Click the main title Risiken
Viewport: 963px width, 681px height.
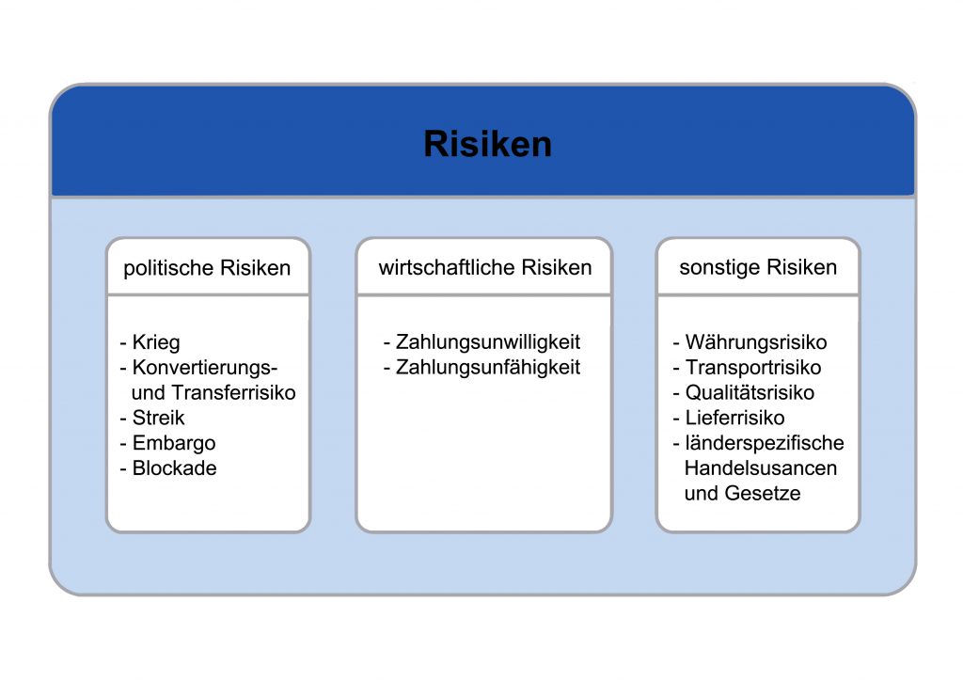point(488,144)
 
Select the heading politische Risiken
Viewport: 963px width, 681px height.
point(207,268)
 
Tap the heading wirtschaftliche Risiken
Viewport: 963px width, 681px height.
point(485,267)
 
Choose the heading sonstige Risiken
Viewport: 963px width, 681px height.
point(758,267)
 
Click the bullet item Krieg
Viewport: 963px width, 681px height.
point(156,342)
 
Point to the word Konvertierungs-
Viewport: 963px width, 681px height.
point(205,368)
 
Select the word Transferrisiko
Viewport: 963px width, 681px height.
point(233,392)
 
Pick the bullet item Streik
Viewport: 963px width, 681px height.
point(158,418)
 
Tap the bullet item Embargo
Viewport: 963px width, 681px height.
point(174,443)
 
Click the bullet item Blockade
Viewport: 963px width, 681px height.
point(174,467)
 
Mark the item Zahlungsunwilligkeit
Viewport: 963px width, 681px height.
point(488,342)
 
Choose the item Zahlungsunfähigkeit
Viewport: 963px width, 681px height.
point(488,367)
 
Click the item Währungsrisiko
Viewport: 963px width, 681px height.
point(756,342)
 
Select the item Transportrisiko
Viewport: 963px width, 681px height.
point(753,367)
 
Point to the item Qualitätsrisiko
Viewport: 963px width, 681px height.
point(750,392)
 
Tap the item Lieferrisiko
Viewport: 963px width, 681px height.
point(735,418)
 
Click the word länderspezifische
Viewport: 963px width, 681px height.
point(765,443)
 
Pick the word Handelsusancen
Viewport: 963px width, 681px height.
point(760,467)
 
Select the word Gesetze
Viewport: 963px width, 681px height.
point(762,493)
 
